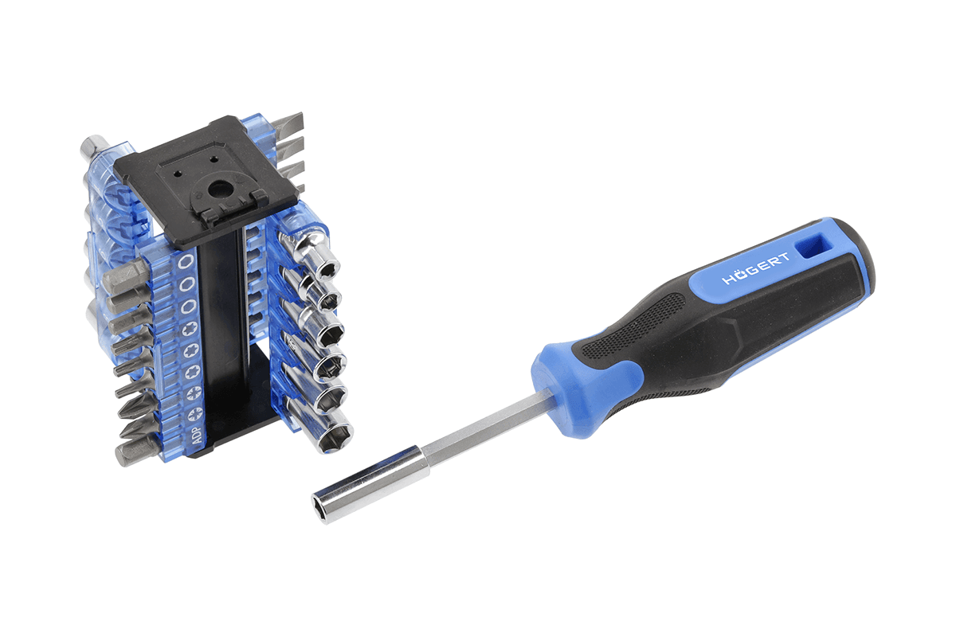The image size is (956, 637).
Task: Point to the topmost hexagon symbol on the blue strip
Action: [186, 261]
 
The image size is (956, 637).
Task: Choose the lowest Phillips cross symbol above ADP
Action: [194, 413]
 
